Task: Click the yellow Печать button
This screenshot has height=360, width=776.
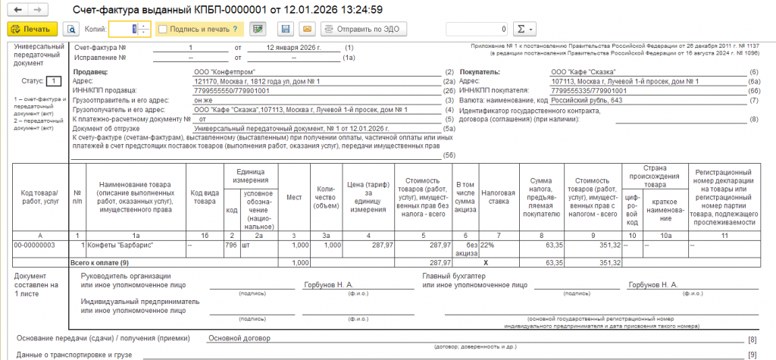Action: click(x=32, y=30)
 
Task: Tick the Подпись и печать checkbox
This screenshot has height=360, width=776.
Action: click(x=163, y=30)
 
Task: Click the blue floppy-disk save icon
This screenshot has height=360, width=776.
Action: click(x=286, y=30)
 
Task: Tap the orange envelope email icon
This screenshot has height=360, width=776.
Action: click(x=307, y=30)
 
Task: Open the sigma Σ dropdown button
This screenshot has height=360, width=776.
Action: click(x=524, y=30)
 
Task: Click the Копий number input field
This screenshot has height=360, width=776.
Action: click(x=121, y=30)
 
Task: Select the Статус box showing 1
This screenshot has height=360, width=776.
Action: click(x=54, y=80)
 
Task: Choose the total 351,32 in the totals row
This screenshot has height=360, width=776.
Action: click(x=611, y=261)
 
